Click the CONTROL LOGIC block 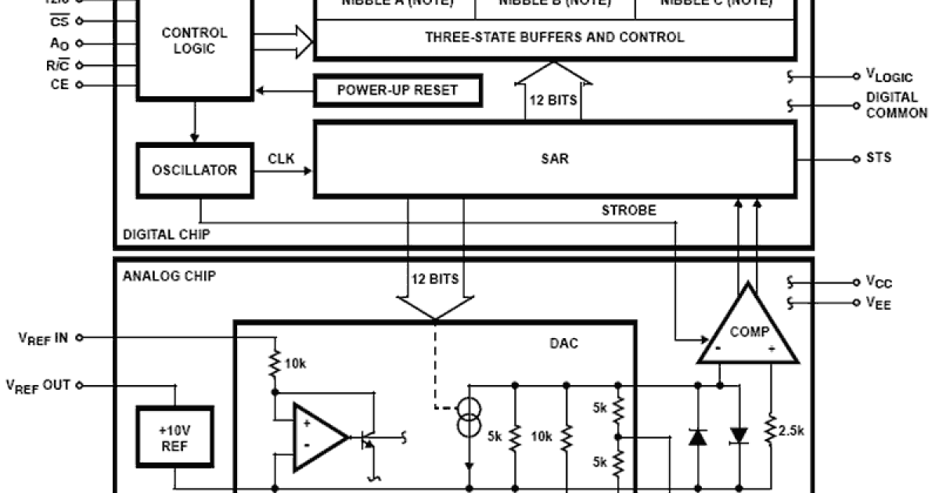(195, 41)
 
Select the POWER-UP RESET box (398, 90)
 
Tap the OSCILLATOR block (195, 170)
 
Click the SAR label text (554, 159)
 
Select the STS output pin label (878, 158)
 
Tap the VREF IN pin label (42, 337)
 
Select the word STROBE (628, 211)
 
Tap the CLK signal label (281, 159)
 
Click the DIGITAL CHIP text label (165, 235)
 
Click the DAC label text (563, 343)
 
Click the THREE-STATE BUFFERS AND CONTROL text (554, 37)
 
